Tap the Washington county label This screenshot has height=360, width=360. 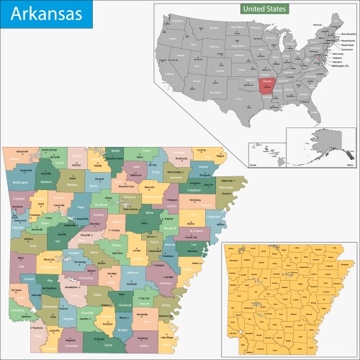point(21,183)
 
